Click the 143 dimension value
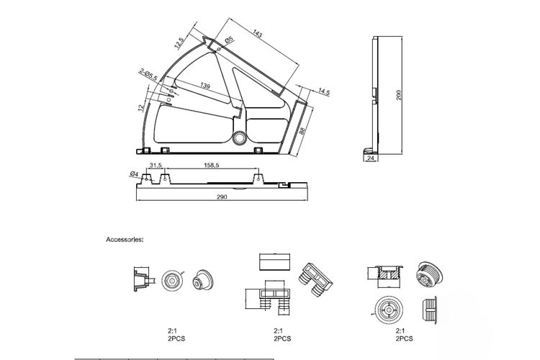coord(257,33)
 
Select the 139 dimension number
coord(205,86)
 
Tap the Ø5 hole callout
coord(230,40)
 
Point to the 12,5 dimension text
coord(179,42)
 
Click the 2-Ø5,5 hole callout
coord(148,75)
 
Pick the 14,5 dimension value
coord(324,91)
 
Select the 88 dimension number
coord(302,131)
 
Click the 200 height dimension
coord(399,95)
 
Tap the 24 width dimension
coord(371,158)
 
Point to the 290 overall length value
coord(222,197)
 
